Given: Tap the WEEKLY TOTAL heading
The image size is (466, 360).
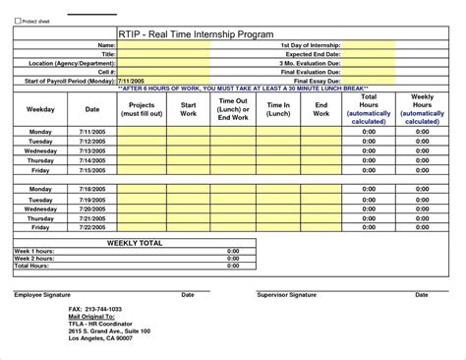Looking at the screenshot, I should click(127, 241).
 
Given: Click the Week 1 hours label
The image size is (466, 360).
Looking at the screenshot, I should click(33, 251).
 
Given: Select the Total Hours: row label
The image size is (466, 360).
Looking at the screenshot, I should click(31, 267).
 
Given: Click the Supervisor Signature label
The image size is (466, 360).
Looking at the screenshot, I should click(286, 294).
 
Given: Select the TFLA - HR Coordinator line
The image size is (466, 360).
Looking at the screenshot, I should click(99, 324).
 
